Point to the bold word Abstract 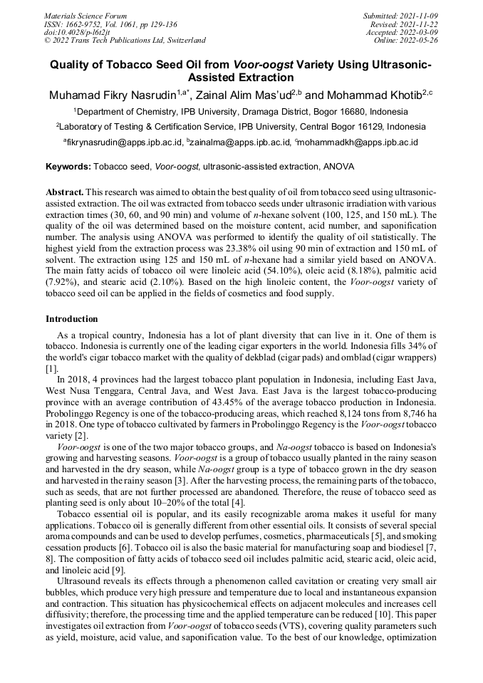click(x=65, y=193)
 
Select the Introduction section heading click(x=72, y=318)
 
